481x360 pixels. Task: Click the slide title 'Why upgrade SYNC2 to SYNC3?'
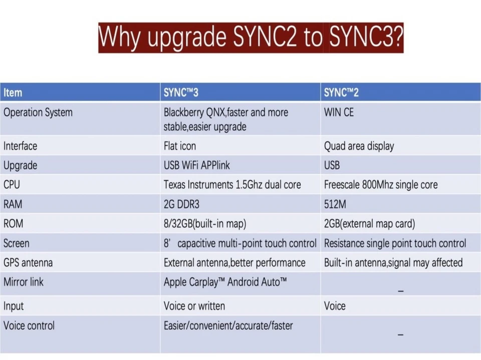coord(251,38)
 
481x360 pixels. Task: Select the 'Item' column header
coord(13,93)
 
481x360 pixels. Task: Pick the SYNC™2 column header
coord(341,93)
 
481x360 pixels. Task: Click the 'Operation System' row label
coord(38,113)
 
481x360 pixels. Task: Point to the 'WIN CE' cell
coord(339,113)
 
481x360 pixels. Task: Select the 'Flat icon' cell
coord(179,146)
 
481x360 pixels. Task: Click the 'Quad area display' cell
coord(359,146)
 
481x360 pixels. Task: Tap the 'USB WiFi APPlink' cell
coord(196,166)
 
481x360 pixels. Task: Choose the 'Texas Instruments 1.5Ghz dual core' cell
coord(232,185)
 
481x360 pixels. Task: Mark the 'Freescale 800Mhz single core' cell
coord(380,185)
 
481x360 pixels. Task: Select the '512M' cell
coord(335,204)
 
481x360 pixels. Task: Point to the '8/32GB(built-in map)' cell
coord(204,224)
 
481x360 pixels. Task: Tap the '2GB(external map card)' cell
coord(369,224)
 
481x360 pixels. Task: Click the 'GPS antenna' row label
coord(28,263)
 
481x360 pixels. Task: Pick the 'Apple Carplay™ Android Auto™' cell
coord(225,282)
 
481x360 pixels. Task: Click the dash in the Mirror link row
coord(400,290)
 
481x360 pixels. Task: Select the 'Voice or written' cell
coord(194,306)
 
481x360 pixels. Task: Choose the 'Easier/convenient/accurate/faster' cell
coord(228,326)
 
